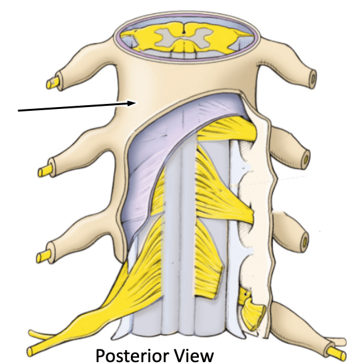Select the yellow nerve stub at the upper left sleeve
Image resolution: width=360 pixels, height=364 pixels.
point(52,83)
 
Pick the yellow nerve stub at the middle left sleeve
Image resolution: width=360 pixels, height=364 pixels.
point(45,170)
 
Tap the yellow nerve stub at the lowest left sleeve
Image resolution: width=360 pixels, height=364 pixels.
point(43,256)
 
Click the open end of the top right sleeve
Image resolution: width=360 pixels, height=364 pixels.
point(313,79)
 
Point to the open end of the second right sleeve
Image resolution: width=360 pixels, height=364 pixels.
point(307,159)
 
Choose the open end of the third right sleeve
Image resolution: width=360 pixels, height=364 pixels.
point(305,242)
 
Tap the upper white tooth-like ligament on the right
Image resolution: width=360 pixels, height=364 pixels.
point(245,167)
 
